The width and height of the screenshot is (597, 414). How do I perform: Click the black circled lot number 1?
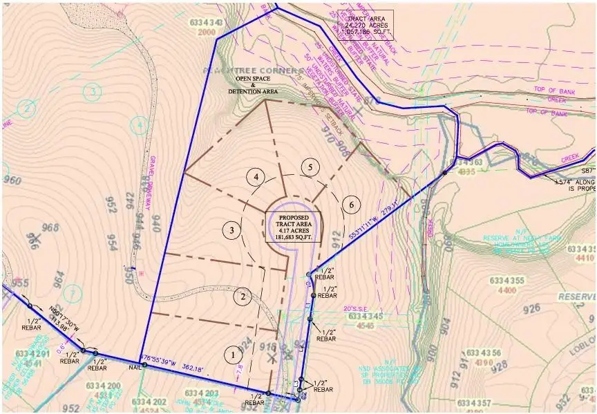pos(234,355)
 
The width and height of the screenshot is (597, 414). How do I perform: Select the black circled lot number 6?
pos(352,205)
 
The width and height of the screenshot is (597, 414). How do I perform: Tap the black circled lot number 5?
pos(311,167)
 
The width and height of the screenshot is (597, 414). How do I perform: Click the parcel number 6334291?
pos(32,355)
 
